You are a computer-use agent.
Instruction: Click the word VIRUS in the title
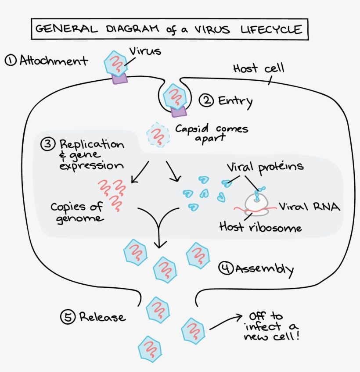[211, 29]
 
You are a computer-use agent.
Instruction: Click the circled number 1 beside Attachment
[11, 60]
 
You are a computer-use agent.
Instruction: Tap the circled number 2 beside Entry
[206, 100]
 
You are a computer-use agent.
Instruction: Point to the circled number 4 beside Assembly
[226, 268]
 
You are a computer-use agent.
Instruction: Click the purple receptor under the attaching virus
[119, 78]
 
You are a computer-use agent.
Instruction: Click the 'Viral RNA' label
[310, 207]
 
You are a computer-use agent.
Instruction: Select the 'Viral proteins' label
[265, 167]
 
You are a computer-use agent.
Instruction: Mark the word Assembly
[264, 268]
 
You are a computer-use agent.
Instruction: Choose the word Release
[102, 317]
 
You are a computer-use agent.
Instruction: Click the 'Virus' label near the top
[145, 51]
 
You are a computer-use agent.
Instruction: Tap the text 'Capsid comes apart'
[211, 133]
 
